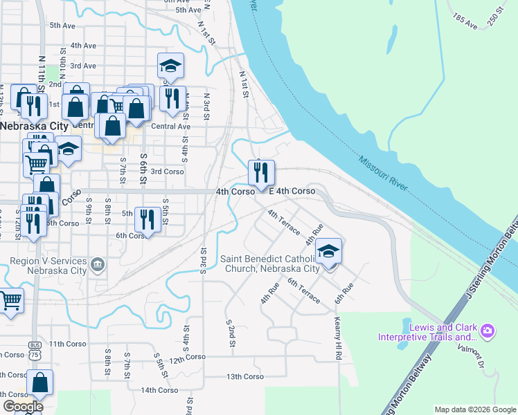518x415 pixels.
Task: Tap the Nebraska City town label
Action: (34, 126)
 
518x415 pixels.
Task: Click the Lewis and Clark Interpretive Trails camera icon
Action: (488, 331)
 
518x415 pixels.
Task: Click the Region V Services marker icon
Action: (97, 263)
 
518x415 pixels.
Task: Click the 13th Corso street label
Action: (244, 376)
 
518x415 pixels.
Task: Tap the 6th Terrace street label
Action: (304, 290)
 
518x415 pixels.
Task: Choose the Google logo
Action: (22, 406)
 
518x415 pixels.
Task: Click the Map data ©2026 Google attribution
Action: (475, 409)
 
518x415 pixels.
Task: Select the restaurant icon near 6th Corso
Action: (146, 220)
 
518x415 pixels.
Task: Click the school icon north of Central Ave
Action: (170, 66)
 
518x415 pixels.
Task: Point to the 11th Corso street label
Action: (67, 344)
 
